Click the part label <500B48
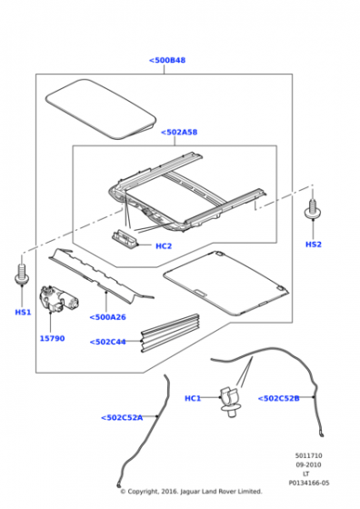(167, 60)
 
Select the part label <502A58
(179, 132)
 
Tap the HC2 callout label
(164, 246)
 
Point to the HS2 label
(314, 245)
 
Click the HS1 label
(23, 313)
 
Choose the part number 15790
(52, 338)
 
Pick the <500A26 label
(107, 317)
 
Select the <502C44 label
(108, 342)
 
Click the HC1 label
(193, 398)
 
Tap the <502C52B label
(278, 398)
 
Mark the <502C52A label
(122, 417)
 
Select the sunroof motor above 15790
(57, 299)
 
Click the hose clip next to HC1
(229, 401)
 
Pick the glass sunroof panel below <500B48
(101, 109)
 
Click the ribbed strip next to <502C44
(170, 333)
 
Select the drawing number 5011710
(308, 455)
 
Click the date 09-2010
(308, 464)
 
